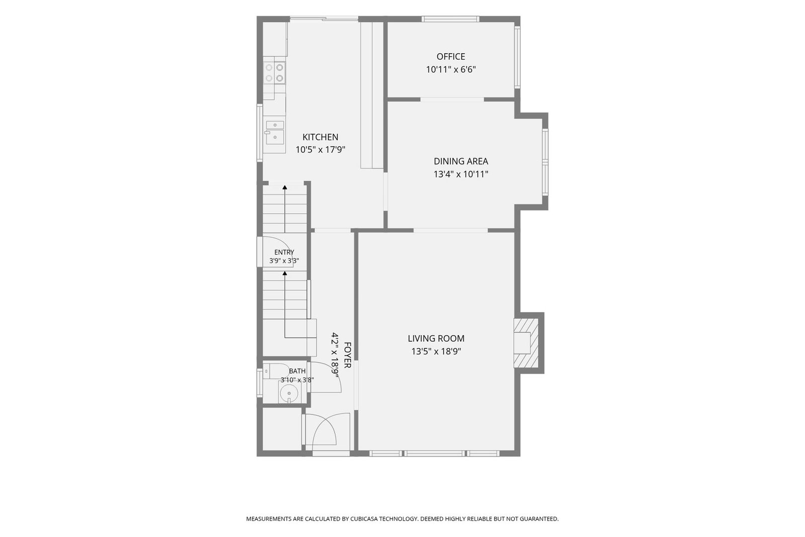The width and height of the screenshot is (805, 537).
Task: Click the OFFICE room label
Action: click(x=451, y=57)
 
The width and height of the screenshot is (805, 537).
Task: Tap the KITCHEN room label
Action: click(x=320, y=137)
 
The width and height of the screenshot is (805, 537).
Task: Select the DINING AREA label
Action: click(x=461, y=161)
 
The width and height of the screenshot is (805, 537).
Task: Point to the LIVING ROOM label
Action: click(x=436, y=339)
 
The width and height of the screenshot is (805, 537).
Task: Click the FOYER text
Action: click(x=347, y=355)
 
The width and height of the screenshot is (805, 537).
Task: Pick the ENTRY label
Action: click(x=284, y=252)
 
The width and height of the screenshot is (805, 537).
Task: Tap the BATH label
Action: click(x=297, y=371)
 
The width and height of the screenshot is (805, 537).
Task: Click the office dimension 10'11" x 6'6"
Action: click(x=451, y=70)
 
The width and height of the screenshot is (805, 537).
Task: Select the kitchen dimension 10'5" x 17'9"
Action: click(x=320, y=150)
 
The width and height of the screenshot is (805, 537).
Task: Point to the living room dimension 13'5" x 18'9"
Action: click(x=436, y=352)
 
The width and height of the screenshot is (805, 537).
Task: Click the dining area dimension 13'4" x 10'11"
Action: click(x=461, y=175)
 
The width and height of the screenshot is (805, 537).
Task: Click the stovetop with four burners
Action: click(x=275, y=73)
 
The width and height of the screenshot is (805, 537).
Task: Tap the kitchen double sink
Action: click(x=275, y=132)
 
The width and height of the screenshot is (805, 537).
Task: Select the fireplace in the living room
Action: click(x=526, y=343)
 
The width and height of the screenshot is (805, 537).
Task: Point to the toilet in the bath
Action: click(x=275, y=371)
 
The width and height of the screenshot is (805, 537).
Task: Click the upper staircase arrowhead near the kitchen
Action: click(x=285, y=187)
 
